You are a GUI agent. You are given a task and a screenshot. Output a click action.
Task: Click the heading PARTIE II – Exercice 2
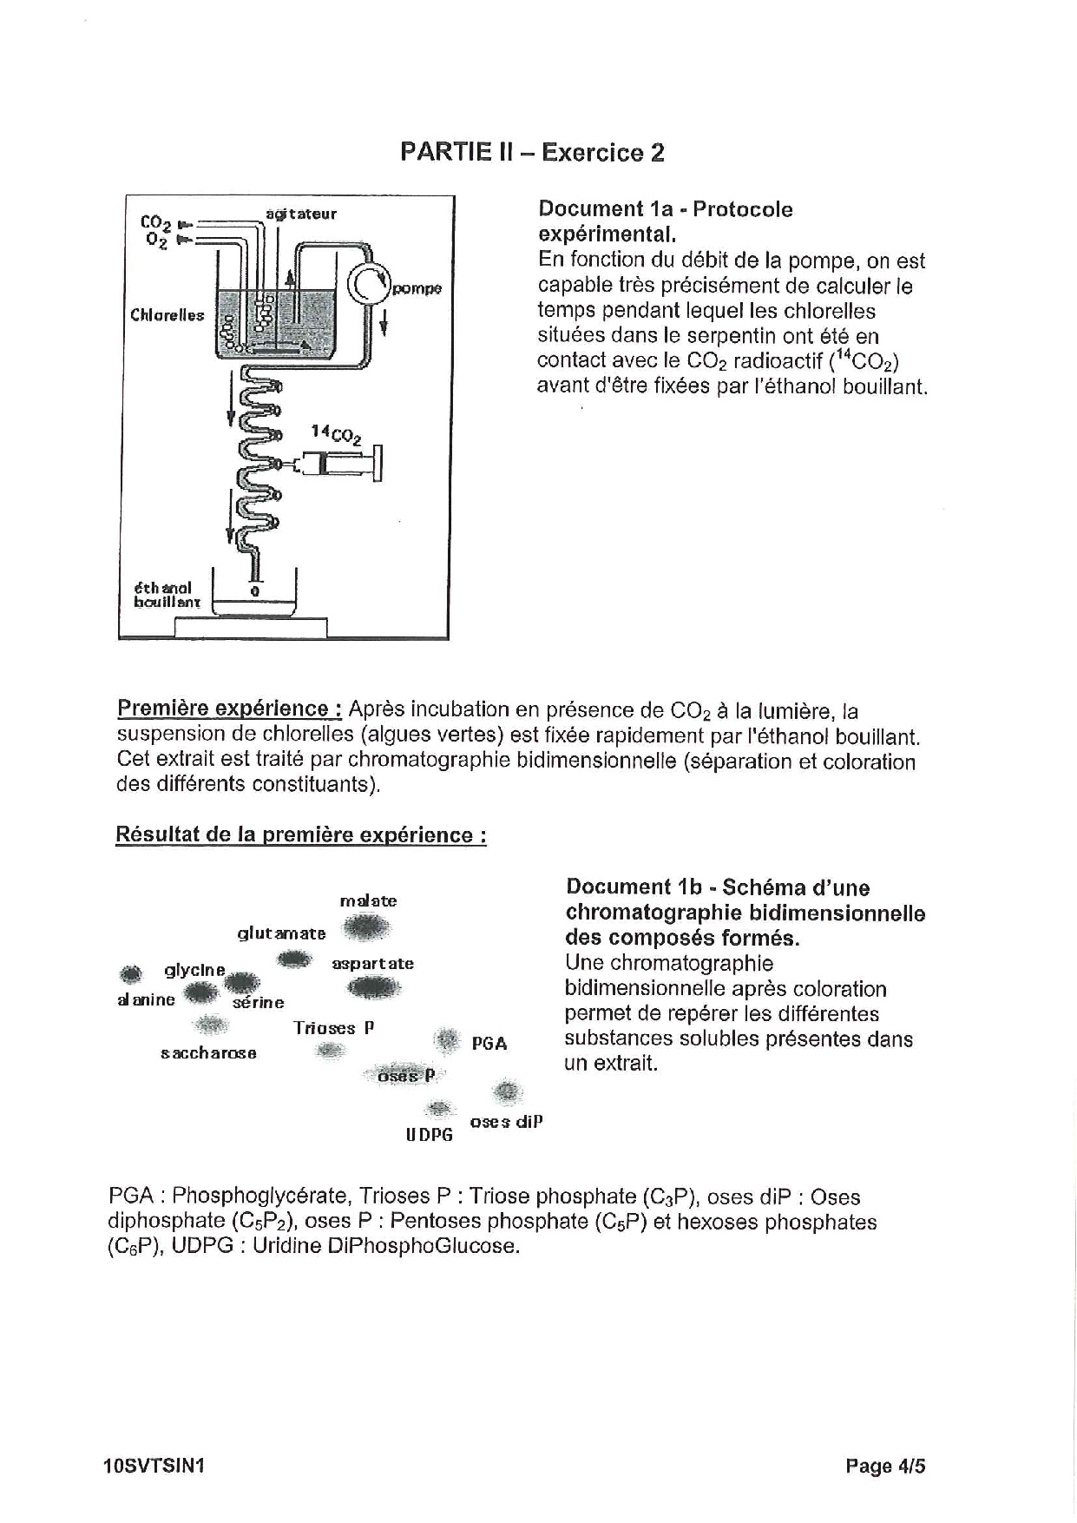(532, 153)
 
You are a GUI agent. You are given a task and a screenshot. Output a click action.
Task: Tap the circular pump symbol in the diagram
(370, 284)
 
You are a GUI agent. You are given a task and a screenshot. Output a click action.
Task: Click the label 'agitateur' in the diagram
(301, 214)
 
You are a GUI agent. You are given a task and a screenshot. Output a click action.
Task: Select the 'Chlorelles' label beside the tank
(167, 315)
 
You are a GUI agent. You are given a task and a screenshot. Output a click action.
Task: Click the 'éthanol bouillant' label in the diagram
(167, 595)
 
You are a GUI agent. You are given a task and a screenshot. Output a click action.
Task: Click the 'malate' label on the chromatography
(368, 901)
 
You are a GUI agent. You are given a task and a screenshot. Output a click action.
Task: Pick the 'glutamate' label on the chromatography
(282, 933)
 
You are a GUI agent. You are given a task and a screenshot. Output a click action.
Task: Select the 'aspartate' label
(373, 964)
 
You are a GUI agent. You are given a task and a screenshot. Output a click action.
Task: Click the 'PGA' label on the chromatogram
(489, 1044)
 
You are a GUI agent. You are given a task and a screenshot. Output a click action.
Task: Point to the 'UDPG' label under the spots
(430, 1135)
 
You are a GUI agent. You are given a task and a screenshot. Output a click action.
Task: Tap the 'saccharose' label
(208, 1053)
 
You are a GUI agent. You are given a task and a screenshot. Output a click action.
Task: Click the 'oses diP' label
(506, 1121)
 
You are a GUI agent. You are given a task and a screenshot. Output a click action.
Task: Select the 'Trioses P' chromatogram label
(333, 1028)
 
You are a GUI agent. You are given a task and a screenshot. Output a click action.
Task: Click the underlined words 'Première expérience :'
(229, 709)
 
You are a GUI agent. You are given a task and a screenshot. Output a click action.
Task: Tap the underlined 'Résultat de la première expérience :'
(300, 835)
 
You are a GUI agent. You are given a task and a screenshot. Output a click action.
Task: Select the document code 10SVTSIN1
(152, 1467)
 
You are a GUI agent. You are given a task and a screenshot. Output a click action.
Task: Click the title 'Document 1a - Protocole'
(665, 209)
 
